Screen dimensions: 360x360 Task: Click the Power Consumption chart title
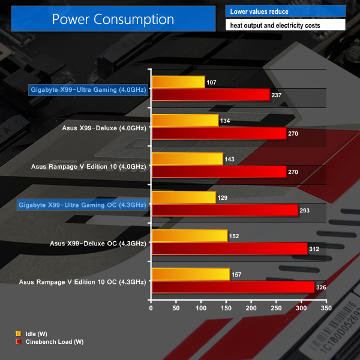pyautogui.click(x=113, y=19)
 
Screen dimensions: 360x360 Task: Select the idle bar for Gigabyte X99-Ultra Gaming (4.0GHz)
pyautogui.click(x=178, y=82)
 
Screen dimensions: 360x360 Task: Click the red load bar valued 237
pyautogui.click(x=211, y=95)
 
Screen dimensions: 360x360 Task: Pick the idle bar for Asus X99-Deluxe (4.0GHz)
pyautogui.click(x=185, y=121)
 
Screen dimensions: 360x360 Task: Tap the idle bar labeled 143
pyautogui.click(x=187, y=159)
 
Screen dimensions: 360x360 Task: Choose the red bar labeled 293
pyautogui.click(x=224, y=210)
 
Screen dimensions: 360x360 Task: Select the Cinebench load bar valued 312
pyautogui.click(x=229, y=248)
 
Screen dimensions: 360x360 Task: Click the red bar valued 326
pyautogui.click(x=233, y=287)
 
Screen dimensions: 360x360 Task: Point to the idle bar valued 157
pyautogui.click(x=191, y=274)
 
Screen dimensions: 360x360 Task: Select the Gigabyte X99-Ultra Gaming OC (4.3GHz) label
pyautogui.click(x=82, y=205)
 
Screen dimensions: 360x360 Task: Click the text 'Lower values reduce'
pyautogui.click(x=259, y=11)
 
